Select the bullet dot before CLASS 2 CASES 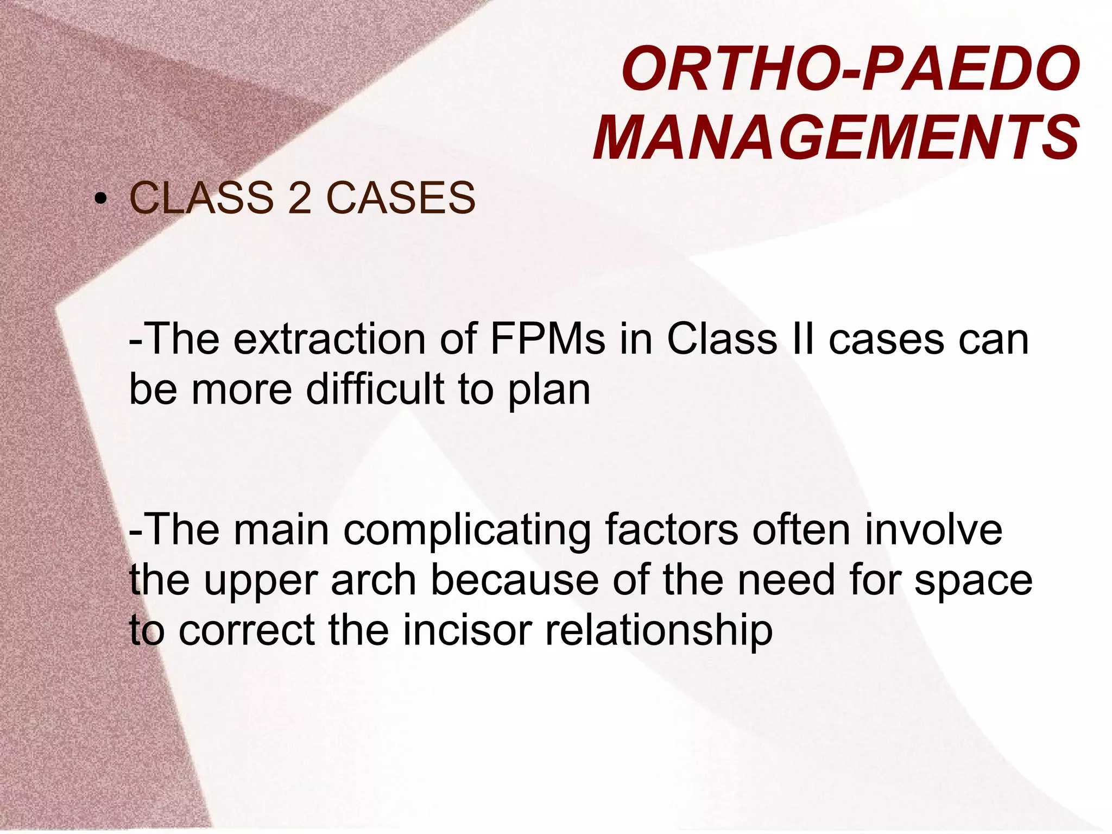pos(99,199)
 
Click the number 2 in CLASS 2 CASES pos(300,198)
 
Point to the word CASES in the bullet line pos(401,198)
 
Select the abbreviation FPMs pos(547,340)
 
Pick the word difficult pos(375,390)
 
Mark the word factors pos(671,530)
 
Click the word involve pos(933,530)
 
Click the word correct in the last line pos(247,631)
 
